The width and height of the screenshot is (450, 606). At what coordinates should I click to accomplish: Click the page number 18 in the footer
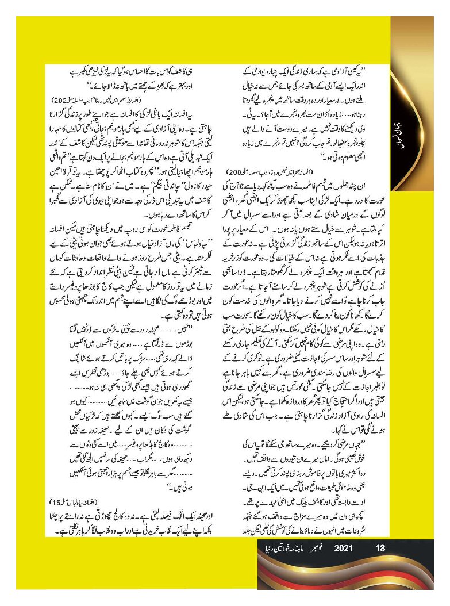click(x=379, y=549)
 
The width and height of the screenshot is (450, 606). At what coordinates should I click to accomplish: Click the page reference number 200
click(x=234, y=172)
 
